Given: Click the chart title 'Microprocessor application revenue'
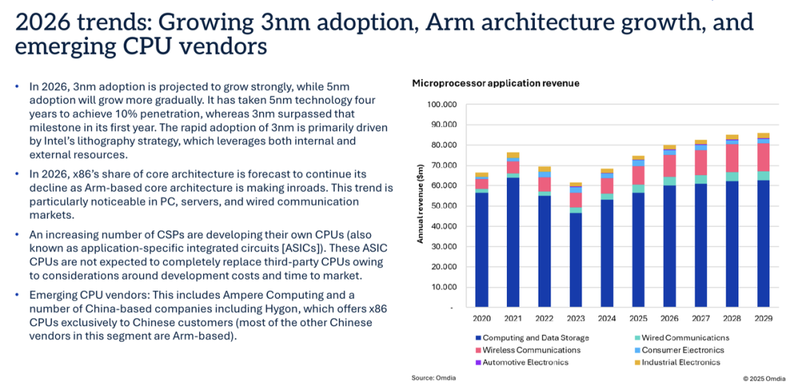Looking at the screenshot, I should click(x=495, y=84).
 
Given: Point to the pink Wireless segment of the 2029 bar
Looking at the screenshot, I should click(x=763, y=157).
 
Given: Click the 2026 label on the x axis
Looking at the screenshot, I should click(x=669, y=319).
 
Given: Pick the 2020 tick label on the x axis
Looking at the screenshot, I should click(x=481, y=319).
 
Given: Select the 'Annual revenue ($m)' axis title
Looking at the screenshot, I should click(x=420, y=206).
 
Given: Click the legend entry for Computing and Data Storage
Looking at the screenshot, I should click(x=530, y=338).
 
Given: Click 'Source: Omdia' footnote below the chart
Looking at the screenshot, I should click(x=434, y=378).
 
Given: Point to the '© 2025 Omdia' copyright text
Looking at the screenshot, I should click(x=764, y=379).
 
